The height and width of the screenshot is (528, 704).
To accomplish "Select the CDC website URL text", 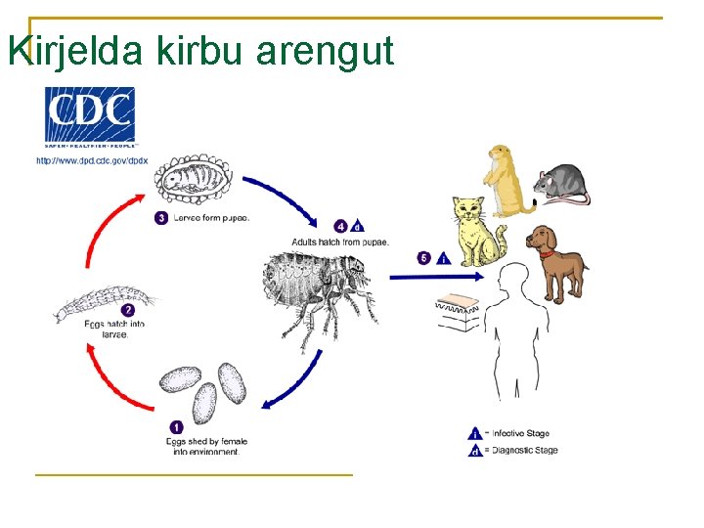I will coord(92,160).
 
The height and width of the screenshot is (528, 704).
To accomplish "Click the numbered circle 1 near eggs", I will coord(176,427).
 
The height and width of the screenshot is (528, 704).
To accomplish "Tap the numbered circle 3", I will coord(160,218).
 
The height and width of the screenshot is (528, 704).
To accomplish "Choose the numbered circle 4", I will coord(340,226).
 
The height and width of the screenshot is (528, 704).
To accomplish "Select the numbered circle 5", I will coord(423,258).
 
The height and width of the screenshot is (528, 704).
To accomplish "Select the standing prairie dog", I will coord(508,180).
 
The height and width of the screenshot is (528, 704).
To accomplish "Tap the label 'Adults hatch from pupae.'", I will coord(340,242).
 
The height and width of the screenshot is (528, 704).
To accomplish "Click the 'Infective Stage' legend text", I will coord(521,433).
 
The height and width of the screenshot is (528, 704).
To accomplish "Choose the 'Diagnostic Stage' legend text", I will coord(524,450).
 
